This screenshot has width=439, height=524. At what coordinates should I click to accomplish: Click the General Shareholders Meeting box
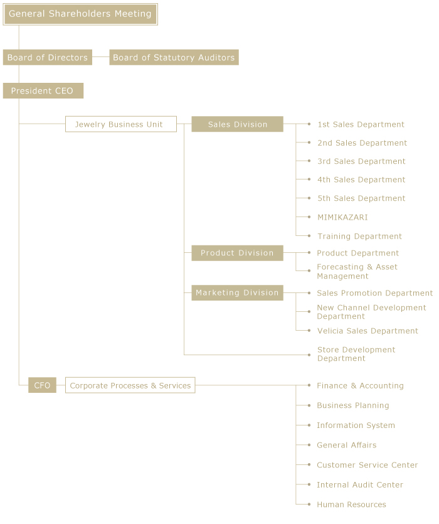80,14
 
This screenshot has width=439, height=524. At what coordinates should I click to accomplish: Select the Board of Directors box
48,57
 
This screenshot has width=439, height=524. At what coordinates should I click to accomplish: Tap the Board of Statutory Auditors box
174,57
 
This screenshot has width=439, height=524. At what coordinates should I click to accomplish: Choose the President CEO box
43,90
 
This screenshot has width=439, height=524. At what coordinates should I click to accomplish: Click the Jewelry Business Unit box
120,124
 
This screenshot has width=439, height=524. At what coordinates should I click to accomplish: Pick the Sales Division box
237,124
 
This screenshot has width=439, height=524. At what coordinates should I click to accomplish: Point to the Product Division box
237,253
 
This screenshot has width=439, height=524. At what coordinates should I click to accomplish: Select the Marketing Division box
237,292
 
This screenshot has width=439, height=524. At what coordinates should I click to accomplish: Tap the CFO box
42,385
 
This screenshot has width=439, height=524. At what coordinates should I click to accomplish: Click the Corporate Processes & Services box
130,385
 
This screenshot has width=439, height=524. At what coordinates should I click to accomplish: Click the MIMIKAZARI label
342,217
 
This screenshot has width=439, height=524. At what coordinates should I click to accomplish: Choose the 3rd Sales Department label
361,161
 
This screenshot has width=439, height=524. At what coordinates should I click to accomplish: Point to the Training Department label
359,236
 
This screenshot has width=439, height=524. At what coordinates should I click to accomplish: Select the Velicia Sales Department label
368,331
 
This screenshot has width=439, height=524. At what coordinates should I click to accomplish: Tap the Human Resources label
351,505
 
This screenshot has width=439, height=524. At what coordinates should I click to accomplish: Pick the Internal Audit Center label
360,484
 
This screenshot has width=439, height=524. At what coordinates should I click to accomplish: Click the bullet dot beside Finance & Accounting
309,385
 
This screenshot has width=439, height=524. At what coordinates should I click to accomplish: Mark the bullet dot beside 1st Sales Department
309,124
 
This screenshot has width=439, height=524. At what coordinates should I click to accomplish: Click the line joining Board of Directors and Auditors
101,57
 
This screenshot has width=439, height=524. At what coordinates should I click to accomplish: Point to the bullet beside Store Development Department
309,355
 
